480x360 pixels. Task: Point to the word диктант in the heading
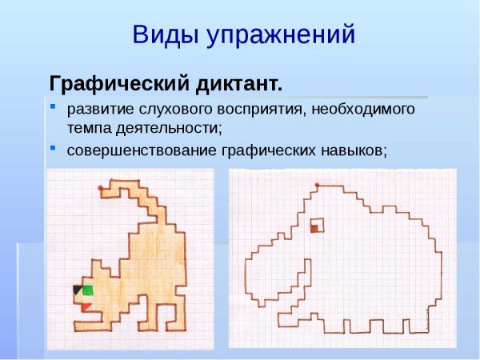[x=238, y=83]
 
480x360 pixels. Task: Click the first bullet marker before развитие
[x=53, y=106]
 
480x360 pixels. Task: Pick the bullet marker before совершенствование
[x=53, y=147]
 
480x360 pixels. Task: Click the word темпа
[x=86, y=127]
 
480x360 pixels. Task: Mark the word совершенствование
[x=138, y=150]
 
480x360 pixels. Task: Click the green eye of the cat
[x=87, y=290]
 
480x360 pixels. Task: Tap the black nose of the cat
[x=77, y=290]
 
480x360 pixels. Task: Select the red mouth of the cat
[x=84, y=306]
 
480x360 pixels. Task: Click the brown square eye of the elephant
[x=314, y=229]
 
